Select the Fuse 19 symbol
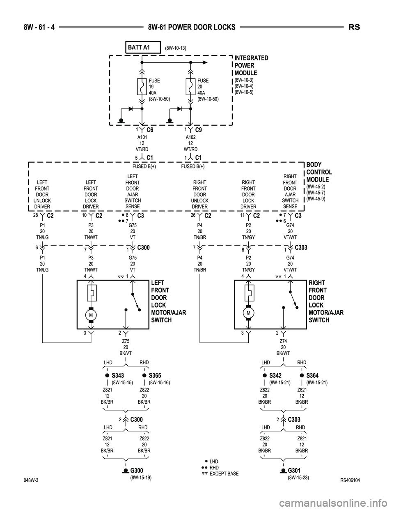142,87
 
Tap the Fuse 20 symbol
191,87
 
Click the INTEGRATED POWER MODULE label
251,65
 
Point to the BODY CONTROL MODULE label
319,172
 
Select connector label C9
199,130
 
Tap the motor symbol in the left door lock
91,315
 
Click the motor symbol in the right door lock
248,313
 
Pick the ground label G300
139,470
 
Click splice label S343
118,375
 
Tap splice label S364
312,375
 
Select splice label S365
155,375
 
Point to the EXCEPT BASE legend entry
224,474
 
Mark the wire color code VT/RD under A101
142,149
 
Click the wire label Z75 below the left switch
126,341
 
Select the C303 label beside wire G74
301,248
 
